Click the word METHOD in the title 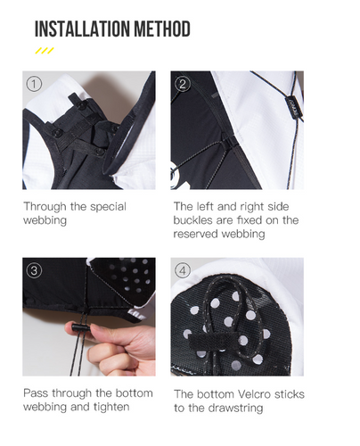tap(162, 29)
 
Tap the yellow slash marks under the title tap(45, 51)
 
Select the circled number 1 tap(34, 84)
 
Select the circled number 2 tap(183, 84)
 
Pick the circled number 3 tap(34, 270)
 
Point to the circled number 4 tap(183, 270)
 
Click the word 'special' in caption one tap(108, 207)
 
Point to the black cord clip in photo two tap(291, 107)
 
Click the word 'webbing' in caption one tap(45, 221)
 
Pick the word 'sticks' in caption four tap(290, 394)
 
